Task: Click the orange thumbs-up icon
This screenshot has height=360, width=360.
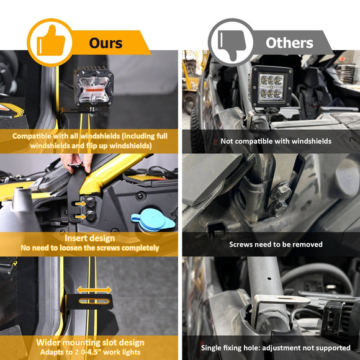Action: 50,42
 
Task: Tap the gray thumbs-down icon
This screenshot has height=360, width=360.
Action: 232,45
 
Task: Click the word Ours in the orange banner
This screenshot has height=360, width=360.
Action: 106,43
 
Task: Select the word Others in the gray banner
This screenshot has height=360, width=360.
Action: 289,43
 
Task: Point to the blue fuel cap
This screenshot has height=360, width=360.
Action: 153,220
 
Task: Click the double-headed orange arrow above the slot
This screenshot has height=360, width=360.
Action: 94,290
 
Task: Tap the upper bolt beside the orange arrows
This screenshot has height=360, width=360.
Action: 91,202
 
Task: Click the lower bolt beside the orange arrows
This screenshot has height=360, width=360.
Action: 91,216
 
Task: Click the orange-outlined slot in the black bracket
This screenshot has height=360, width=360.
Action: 94,301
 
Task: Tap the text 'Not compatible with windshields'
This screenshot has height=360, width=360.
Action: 276,141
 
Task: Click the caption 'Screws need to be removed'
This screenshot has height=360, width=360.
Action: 276,245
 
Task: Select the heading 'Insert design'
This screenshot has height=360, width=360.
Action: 89,238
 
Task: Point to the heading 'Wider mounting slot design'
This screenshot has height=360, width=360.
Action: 90,343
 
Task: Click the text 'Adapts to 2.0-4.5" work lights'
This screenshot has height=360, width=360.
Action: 90,352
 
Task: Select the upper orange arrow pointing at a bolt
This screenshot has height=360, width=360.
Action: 80,204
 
